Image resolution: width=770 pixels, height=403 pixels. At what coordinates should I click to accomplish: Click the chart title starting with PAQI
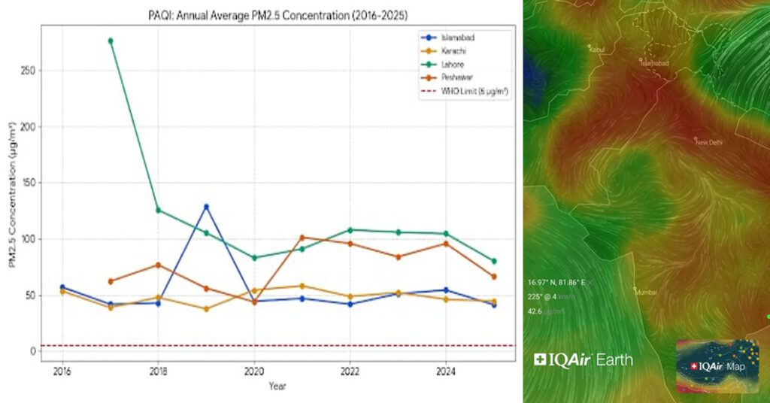pos(277,15)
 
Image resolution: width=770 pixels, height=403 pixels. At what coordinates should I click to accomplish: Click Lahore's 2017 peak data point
pos(111,41)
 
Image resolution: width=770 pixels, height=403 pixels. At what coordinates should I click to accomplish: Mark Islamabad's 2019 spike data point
pos(206,207)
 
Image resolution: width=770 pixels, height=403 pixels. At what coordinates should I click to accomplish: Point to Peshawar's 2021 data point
pos(302,238)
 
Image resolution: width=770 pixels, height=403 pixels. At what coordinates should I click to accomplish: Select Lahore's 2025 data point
pos(494,261)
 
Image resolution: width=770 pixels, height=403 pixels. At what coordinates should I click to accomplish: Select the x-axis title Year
pos(277,386)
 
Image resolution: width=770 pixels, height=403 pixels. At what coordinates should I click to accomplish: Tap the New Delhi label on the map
pos(708,142)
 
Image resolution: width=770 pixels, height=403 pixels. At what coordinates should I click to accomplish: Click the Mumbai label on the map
pos(646,292)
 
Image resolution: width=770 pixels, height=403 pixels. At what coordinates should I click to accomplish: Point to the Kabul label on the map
pos(597,50)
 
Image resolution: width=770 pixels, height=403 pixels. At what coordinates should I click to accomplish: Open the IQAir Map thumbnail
pos(717,365)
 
